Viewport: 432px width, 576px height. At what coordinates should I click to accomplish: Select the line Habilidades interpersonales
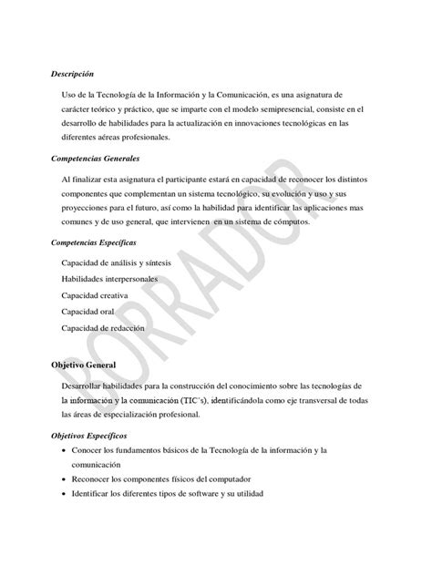(x=109, y=278)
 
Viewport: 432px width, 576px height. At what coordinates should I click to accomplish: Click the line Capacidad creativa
(x=95, y=294)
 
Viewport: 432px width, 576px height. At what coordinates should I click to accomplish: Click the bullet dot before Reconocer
(x=61, y=479)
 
